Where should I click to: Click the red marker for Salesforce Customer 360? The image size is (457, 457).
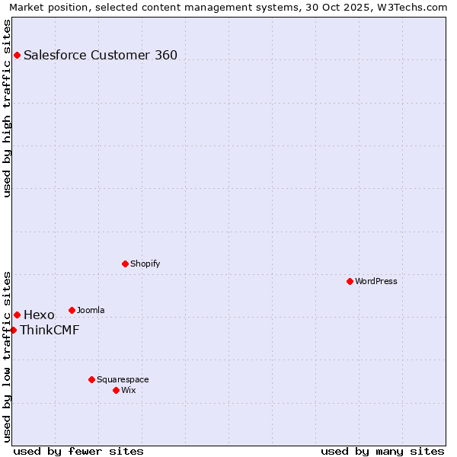pos(17,55)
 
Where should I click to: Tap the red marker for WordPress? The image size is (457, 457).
pos(350,281)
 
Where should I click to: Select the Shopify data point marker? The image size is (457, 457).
pos(125,264)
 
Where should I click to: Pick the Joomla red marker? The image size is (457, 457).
pos(72,310)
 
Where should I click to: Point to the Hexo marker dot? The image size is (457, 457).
pos(17,315)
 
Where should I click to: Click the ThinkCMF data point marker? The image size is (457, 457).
pos(13,330)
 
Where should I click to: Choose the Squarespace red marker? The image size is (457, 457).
pos(91,379)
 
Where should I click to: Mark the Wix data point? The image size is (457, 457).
pos(116,390)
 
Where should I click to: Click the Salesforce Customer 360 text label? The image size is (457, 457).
pos(101,55)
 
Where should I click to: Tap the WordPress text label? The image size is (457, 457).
pos(376,281)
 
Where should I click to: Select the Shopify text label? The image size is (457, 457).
pos(145,264)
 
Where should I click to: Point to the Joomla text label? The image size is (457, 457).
pos(91,310)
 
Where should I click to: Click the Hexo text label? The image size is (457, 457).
pos(39,315)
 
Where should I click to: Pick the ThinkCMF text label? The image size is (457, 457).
pos(50,330)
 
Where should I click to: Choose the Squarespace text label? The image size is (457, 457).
pos(123,379)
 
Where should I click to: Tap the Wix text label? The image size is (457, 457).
pos(129,390)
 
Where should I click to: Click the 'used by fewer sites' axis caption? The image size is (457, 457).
pos(78,451)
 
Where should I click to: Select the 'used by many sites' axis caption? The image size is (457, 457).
pos(382,451)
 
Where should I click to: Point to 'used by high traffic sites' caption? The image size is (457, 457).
pos(7,108)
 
